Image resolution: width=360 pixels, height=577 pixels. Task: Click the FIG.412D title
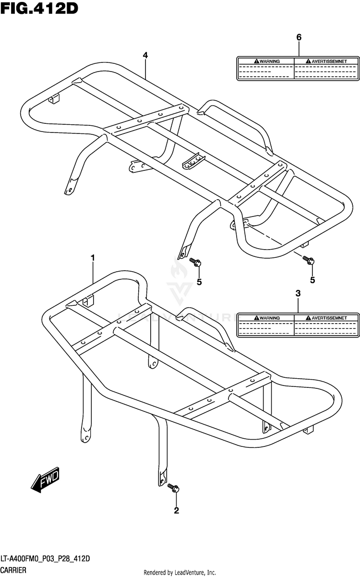coord(39,8)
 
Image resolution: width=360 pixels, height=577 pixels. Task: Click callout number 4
coord(145,55)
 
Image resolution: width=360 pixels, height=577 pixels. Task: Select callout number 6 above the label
coord(299,37)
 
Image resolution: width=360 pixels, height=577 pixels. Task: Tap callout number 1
coord(93,258)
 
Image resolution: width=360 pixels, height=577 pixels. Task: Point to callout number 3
coord(298,293)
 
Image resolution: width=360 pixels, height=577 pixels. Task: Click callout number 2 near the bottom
coord(176,510)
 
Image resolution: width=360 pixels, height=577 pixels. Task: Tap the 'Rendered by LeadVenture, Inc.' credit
coord(180,573)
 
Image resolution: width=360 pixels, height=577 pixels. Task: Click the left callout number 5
coord(199,282)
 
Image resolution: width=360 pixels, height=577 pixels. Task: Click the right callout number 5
coord(312,279)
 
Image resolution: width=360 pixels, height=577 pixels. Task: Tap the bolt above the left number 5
coord(196,262)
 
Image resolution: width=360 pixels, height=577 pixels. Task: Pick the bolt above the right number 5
coord(308,260)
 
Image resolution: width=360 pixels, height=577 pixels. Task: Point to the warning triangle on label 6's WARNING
coord(257,61)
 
